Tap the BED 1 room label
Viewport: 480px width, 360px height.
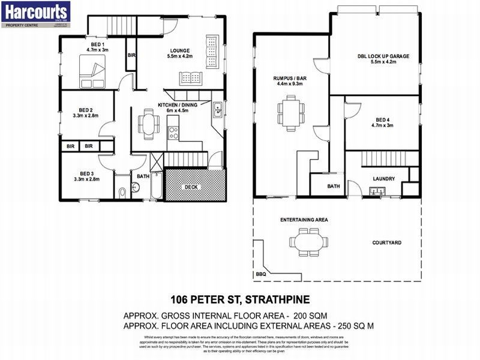(x=97, y=45)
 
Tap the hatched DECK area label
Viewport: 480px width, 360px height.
(x=191, y=187)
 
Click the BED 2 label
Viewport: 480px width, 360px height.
(x=86, y=110)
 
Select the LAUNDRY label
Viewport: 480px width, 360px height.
(x=383, y=179)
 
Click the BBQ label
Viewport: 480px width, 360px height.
(x=260, y=274)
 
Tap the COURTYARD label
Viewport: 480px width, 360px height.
(x=386, y=242)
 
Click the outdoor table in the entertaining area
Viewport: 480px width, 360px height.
(x=308, y=242)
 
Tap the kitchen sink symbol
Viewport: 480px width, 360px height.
(x=217, y=110)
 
